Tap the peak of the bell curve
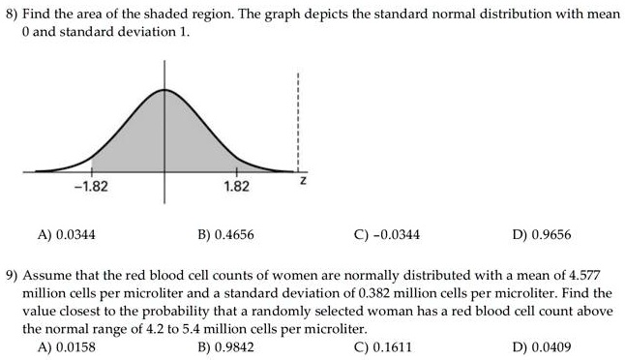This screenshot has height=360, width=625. [164, 89]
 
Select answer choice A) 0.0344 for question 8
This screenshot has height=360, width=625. [66, 234]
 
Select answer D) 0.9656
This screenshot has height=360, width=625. [545, 234]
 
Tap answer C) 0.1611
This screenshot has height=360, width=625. [384, 346]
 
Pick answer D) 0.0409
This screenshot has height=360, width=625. [545, 346]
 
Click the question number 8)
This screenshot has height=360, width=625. [14, 14]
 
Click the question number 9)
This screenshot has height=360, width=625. [14, 275]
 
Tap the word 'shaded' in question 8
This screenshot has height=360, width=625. [138, 14]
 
